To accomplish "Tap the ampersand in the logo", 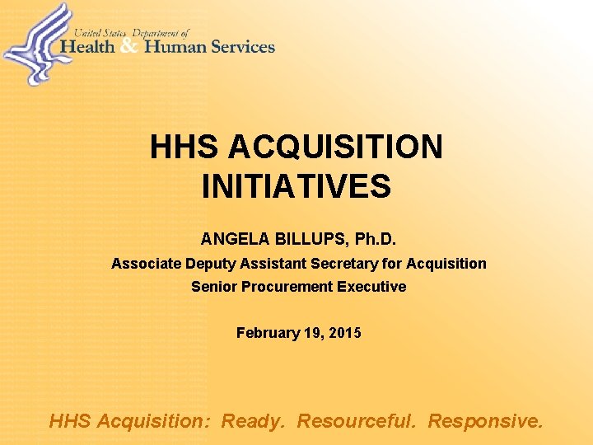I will pyautogui.click(x=128, y=47).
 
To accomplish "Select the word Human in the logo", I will pyautogui.click(x=175, y=47).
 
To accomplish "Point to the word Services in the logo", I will pyautogui.click(x=243, y=47).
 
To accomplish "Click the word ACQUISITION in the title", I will pyautogui.click(x=335, y=148).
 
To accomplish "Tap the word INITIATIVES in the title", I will pyautogui.click(x=296, y=187).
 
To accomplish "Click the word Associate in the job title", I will pyautogui.click(x=143, y=264).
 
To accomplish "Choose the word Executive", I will pyautogui.click(x=371, y=287).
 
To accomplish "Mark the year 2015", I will pyautogui.click(x=344, y=333).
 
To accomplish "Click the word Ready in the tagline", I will pyautogui.click(x=254, y=422).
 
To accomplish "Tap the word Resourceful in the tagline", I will pyautogui.click(x=357, y=421).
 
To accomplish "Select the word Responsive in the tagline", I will pyautogui.click(x=485, y=422).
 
